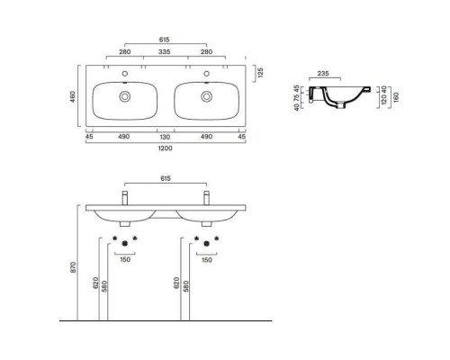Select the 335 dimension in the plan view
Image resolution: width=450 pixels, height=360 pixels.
click(165, 53)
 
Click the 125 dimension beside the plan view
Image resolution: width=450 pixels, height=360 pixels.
click(259, 71)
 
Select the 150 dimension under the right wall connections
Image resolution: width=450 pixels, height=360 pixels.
click(206, 260)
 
